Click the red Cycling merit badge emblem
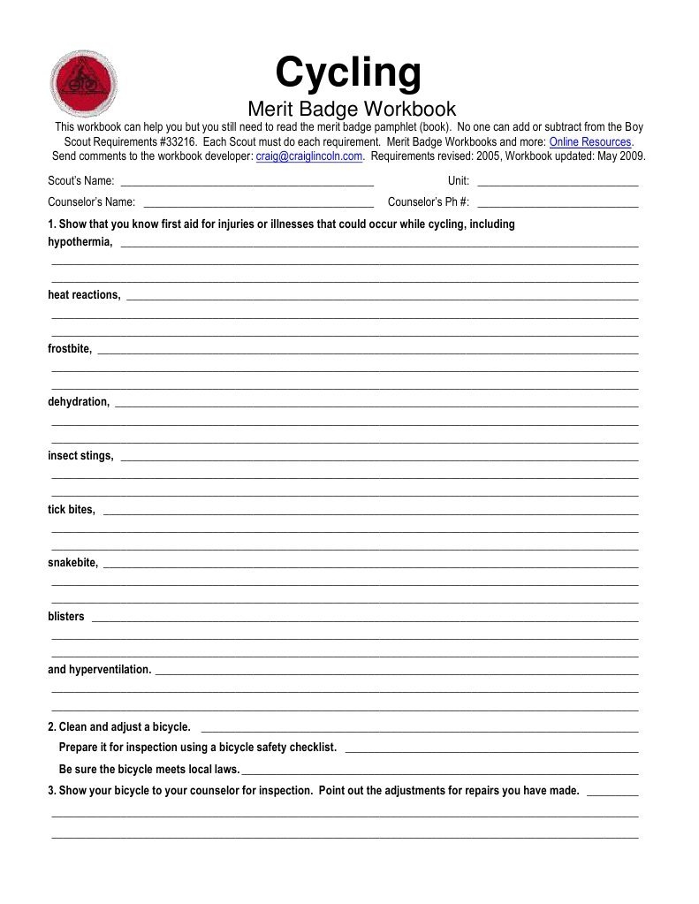(85, 84)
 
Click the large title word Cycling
(348, 72)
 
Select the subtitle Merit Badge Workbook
(351, 109)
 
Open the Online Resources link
(590, 141)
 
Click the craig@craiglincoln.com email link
(309, 156)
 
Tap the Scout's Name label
(81, 181)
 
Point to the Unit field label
(458, 181)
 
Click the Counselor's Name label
(92, 201)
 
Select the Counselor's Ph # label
(429, 201)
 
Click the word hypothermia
(80, 242)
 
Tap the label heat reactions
(84, 295)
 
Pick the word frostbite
(69, 349)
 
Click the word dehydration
(79, 402)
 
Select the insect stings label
(80, 456)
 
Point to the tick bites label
(71, 510)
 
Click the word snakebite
(72, 563)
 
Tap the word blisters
(66, 617)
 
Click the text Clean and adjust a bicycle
(125, 727)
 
